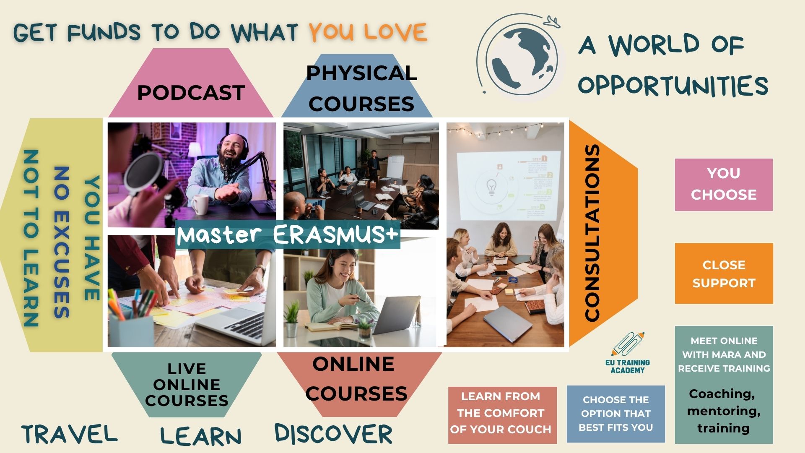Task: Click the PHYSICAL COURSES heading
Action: (x=361, y=89)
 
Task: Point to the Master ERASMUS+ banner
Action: (x=288, y=234)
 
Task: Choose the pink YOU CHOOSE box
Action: (x=724, y=185)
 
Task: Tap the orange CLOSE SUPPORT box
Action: (x=724, y=273)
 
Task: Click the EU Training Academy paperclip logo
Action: (x=628, y=353)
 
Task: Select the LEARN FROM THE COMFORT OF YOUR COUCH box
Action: (x=502, y=415)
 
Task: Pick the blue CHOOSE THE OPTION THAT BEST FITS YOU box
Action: (x=616, y=414)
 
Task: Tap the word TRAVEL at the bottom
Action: (x=70, y=434)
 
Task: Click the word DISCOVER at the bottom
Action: (x=334, y=434)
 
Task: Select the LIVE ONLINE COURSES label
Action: (x=187, y=385)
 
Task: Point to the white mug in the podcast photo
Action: (x=200, y=204)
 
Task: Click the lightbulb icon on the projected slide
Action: (x=491, y=187)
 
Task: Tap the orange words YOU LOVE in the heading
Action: (x=368, y=32)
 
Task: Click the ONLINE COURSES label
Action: (x=356, y=379)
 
